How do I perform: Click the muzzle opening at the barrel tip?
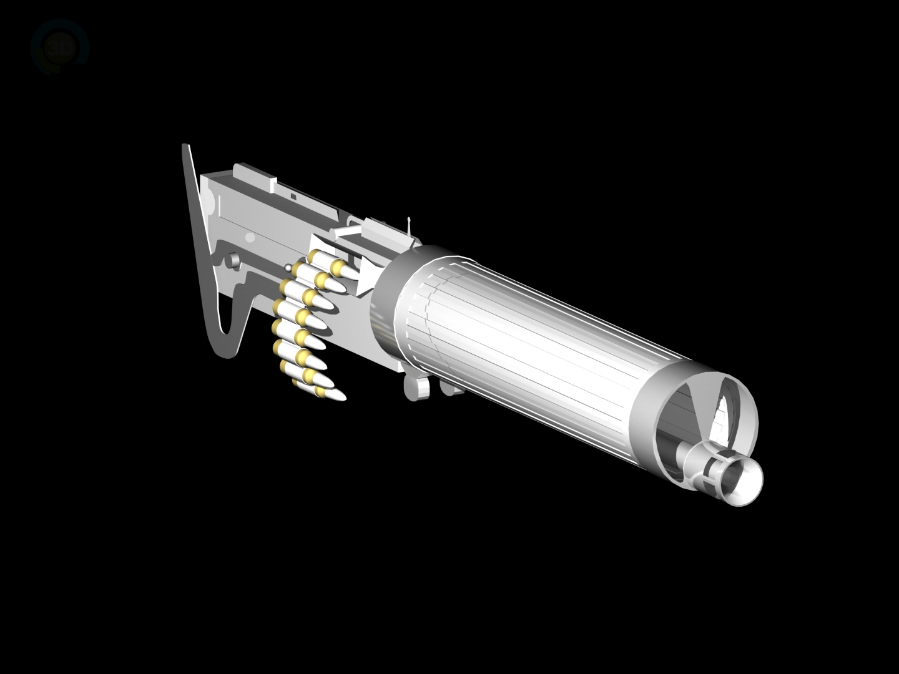743,477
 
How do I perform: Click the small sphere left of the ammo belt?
288,268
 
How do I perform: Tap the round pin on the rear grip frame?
232,260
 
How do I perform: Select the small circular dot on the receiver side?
250,238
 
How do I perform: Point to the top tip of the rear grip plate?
184,147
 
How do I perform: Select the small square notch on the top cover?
292,195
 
